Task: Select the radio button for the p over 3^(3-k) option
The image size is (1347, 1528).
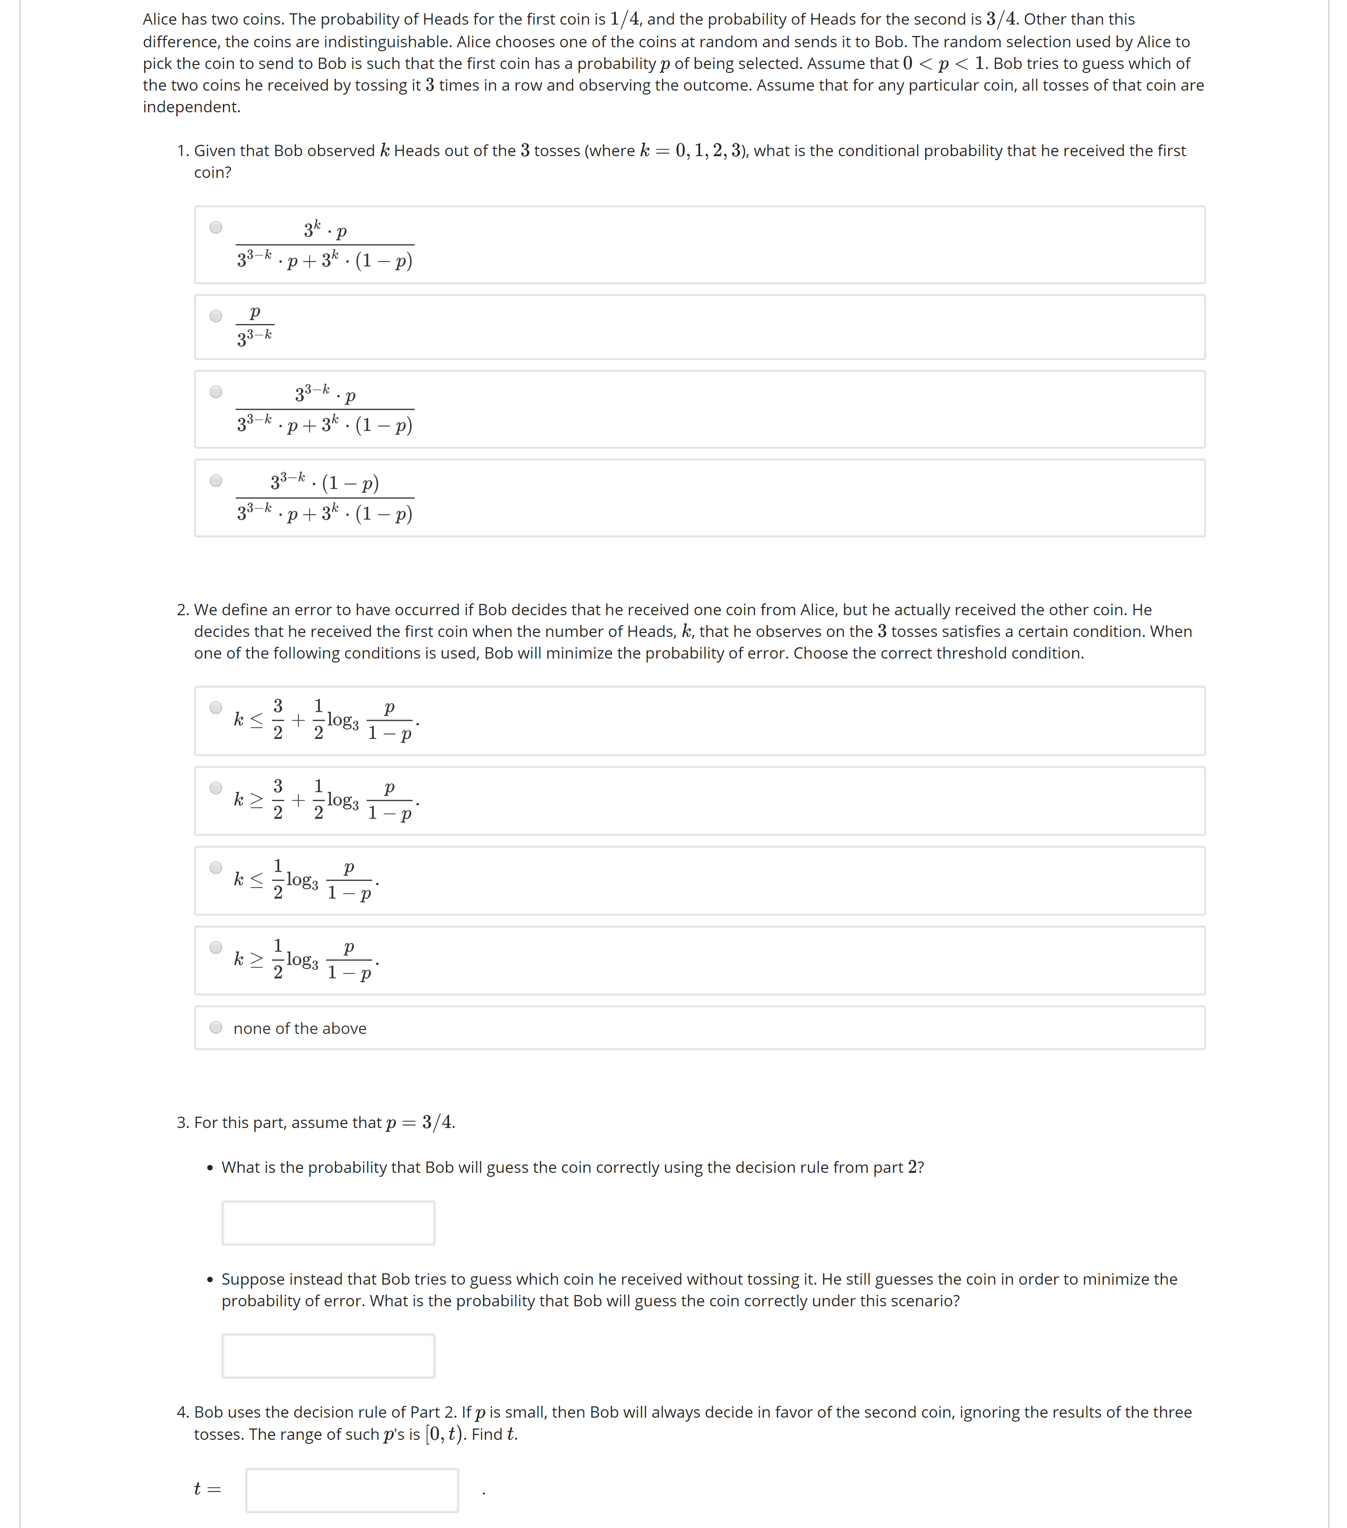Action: [x=216, y=315]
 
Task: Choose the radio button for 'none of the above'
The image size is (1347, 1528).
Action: [x=216, y=1027]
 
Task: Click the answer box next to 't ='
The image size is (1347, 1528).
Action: [x=352, y=1490]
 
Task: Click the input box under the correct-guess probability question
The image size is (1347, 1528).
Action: [x=328, y=1223]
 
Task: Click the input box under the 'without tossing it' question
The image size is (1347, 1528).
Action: [x=328, y=1355]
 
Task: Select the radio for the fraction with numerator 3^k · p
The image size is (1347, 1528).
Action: [x=216, y=227]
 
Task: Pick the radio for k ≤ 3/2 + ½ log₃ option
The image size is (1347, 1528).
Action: [x=216, y=707]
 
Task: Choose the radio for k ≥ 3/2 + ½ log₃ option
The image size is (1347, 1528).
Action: [x=216, y=787]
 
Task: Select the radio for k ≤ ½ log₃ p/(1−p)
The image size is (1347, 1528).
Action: [x=216, y=867]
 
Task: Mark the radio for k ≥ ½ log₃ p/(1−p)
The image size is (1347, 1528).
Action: [x=216, y=947]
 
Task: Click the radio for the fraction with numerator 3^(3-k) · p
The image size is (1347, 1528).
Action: [x=216, y=392]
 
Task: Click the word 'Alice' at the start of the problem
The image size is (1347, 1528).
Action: [x=160, y=19]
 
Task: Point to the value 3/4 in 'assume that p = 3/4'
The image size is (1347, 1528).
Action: [x=438, y=1122]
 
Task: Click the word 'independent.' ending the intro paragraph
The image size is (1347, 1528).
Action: [x=191, y=107]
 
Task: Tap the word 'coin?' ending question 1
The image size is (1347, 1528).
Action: [x=212, y=173]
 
